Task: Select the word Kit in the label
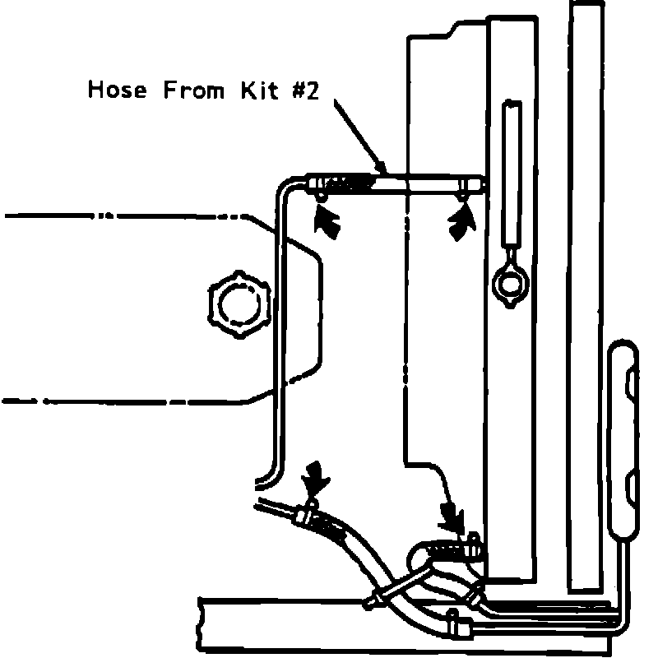(x=258, y=90)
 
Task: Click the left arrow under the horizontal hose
(x=327, y=220)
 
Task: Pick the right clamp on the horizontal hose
(x=466, y=185)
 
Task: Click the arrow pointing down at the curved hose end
(x=451, y=515)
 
